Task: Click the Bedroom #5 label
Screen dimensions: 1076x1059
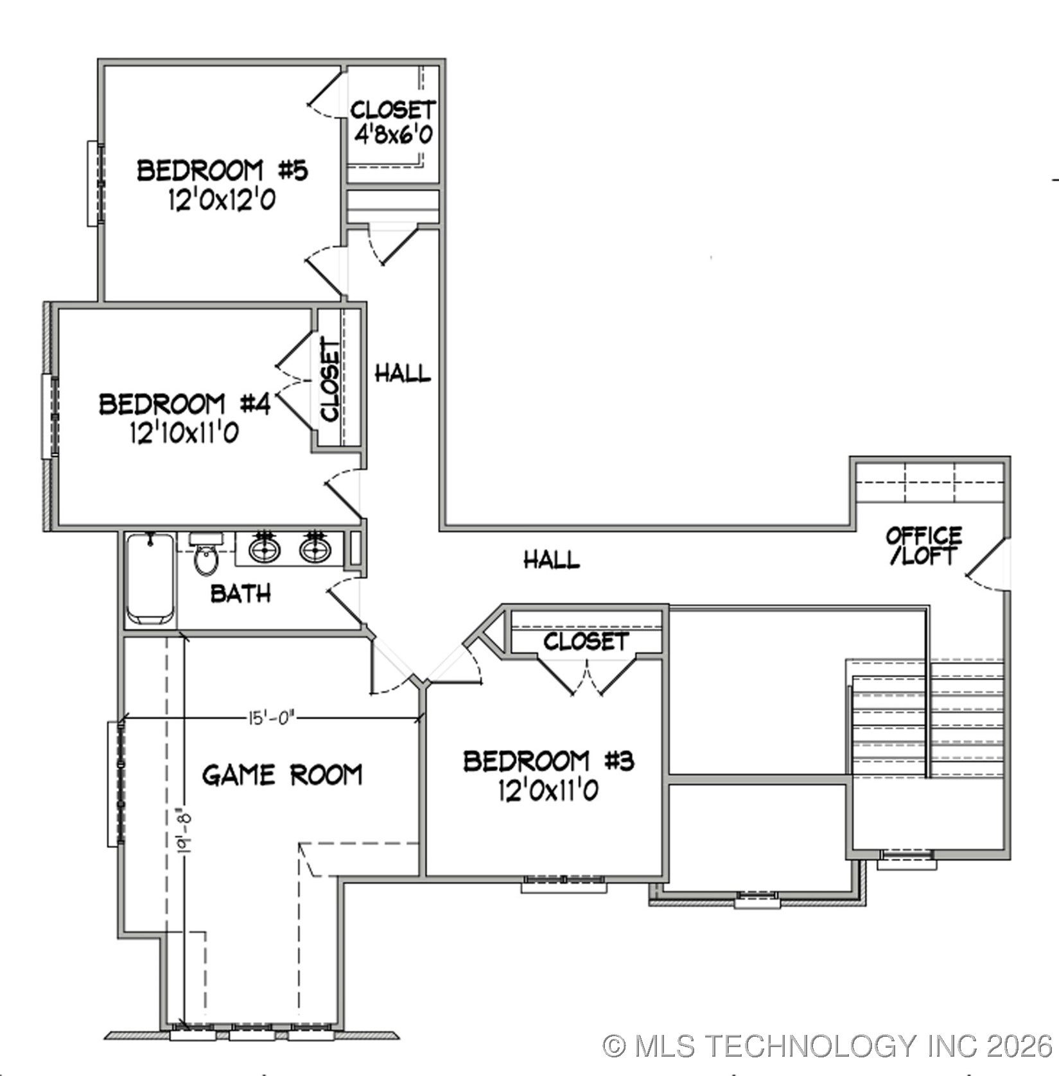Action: pyautogui.click(x=222, y=171)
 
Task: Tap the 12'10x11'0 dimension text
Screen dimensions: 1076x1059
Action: pyautogui.click(x=184, y=433)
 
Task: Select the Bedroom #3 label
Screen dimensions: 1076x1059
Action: pyautogui.click(x=548, y=761)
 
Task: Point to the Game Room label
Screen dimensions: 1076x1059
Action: pyautogui.click(x=282, y=775)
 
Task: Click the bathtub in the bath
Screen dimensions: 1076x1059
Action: pyautogui.click(x=150, y=579)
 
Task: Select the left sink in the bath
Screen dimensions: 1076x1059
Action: pyautogui.click(x=264, y=549)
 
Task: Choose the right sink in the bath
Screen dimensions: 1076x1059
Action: pyautogui.click(x=315, y=549)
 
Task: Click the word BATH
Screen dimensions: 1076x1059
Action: pyautogui.click(x=241, y=594)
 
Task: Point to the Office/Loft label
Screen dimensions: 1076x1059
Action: pyautogui.click(x=923, y=546)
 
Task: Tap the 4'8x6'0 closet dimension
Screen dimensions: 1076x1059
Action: pyautogui.click(x=393, y=135)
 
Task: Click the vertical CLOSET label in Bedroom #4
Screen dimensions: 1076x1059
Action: pyautogui.click(x=330, y=379)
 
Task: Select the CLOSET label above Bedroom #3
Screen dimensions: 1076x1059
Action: pyautogui.click(x=585, y=641)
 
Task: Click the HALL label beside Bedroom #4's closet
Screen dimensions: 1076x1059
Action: pyautogui.click(x=403, y=373)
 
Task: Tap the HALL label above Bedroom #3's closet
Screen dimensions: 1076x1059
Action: pyautogui.click(x=552, y=560)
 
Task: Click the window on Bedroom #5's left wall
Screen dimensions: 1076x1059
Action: pyautogui.click(x=94, y=183)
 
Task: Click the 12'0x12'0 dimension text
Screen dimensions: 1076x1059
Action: pyautogui.click(x=222, y=200)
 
